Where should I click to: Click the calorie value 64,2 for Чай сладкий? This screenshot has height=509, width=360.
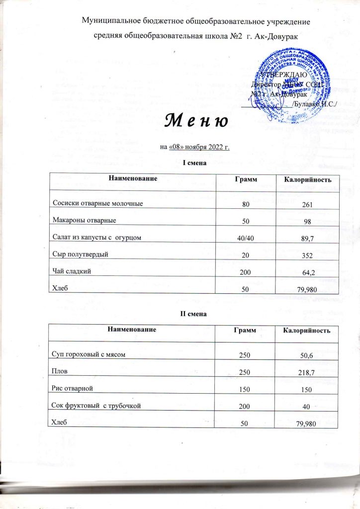point(304,272)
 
